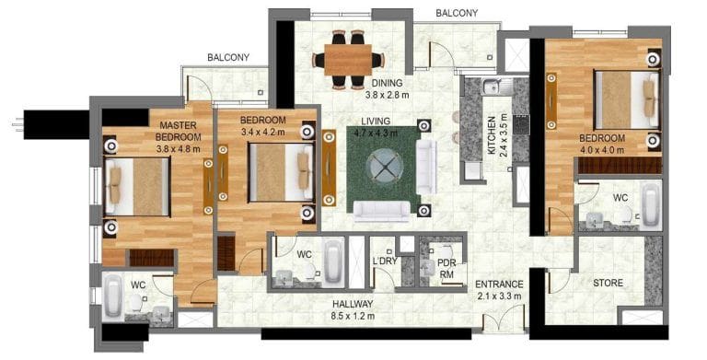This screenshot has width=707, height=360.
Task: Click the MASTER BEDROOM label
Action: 180,136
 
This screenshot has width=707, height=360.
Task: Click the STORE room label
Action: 608,283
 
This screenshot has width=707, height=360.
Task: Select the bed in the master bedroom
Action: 138,185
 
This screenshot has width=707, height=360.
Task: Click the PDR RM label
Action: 447,267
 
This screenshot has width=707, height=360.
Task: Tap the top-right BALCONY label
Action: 457,13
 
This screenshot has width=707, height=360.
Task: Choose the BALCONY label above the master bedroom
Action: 227,57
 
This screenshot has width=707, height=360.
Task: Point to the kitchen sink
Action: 491,87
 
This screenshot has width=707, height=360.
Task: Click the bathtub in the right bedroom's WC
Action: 650,204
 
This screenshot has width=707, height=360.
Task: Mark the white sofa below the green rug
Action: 381,213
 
